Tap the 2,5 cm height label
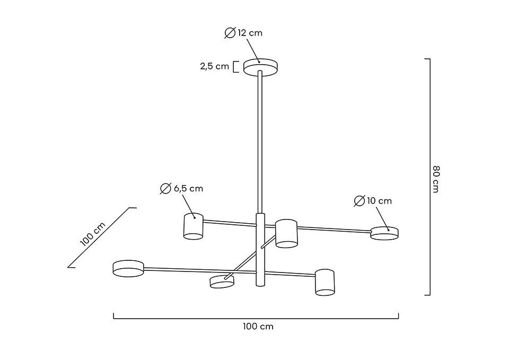215,67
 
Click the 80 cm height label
436,179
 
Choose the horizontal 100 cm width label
258,327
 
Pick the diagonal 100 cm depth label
93,234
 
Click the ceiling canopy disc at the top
261,67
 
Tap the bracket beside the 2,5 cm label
236,67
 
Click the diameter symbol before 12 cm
230,33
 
